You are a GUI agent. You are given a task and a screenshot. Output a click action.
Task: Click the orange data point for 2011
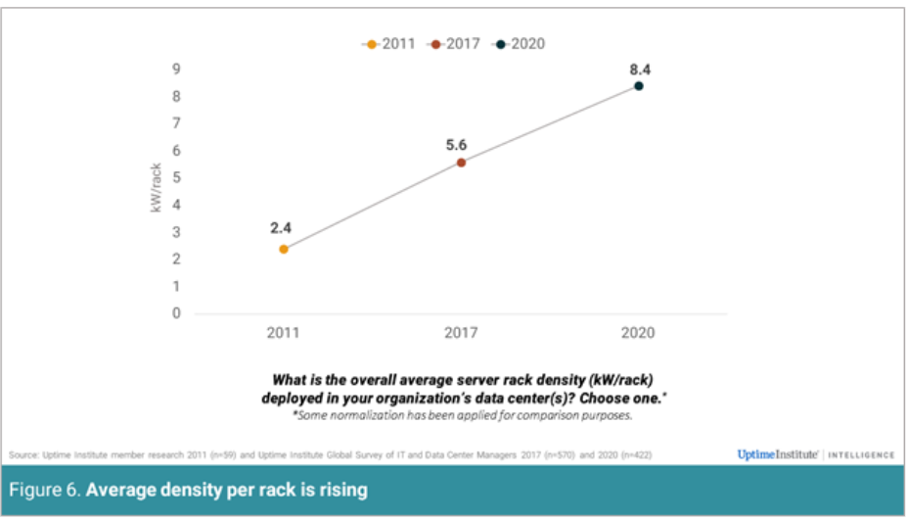click(284, 249)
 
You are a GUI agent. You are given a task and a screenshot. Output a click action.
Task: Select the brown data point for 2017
click(461, 163)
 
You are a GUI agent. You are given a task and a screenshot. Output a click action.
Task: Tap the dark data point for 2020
click(638, 86)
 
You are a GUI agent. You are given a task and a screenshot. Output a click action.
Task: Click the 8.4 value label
click(638, 70)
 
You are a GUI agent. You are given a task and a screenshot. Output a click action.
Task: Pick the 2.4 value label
click(282, 228)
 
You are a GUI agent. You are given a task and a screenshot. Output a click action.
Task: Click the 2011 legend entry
click(389, 44)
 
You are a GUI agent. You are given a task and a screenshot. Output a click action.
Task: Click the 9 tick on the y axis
click(177, 70)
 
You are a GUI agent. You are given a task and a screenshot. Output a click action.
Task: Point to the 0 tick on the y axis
click(177, 314)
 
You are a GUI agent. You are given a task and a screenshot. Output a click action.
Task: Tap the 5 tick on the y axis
click(177, 178)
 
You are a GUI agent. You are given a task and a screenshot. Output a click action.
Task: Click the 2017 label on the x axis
click(461, 333)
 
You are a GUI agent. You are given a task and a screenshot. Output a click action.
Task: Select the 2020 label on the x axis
click(638, 333)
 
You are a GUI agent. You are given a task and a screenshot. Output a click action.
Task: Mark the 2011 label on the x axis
click(284, 333)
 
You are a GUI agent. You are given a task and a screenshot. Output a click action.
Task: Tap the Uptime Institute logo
click(779, 454)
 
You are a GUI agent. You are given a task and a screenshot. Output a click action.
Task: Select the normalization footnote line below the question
click(461, 416)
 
